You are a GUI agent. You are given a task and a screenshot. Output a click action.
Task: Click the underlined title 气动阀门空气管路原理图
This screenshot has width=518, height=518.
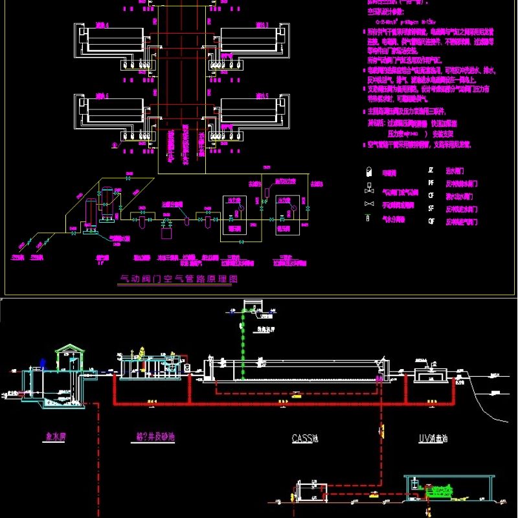(x=180, y=279)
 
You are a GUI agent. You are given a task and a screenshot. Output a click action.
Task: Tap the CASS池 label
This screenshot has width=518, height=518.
(x=304, y=438)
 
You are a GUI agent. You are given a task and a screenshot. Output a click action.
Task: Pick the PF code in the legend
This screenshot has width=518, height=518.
(x=431, y=183)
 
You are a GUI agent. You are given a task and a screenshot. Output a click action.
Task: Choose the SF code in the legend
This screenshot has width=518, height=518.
(x=431, y=208)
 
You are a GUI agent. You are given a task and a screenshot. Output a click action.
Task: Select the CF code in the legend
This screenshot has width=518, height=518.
(x=431, y=196)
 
